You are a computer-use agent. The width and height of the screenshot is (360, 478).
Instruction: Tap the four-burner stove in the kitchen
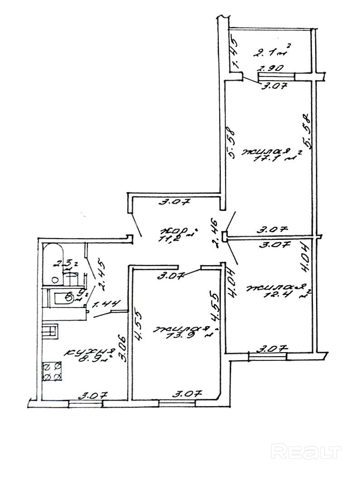(x=52, y=371)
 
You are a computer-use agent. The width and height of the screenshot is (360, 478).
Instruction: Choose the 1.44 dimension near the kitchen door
(x=105, y=306)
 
